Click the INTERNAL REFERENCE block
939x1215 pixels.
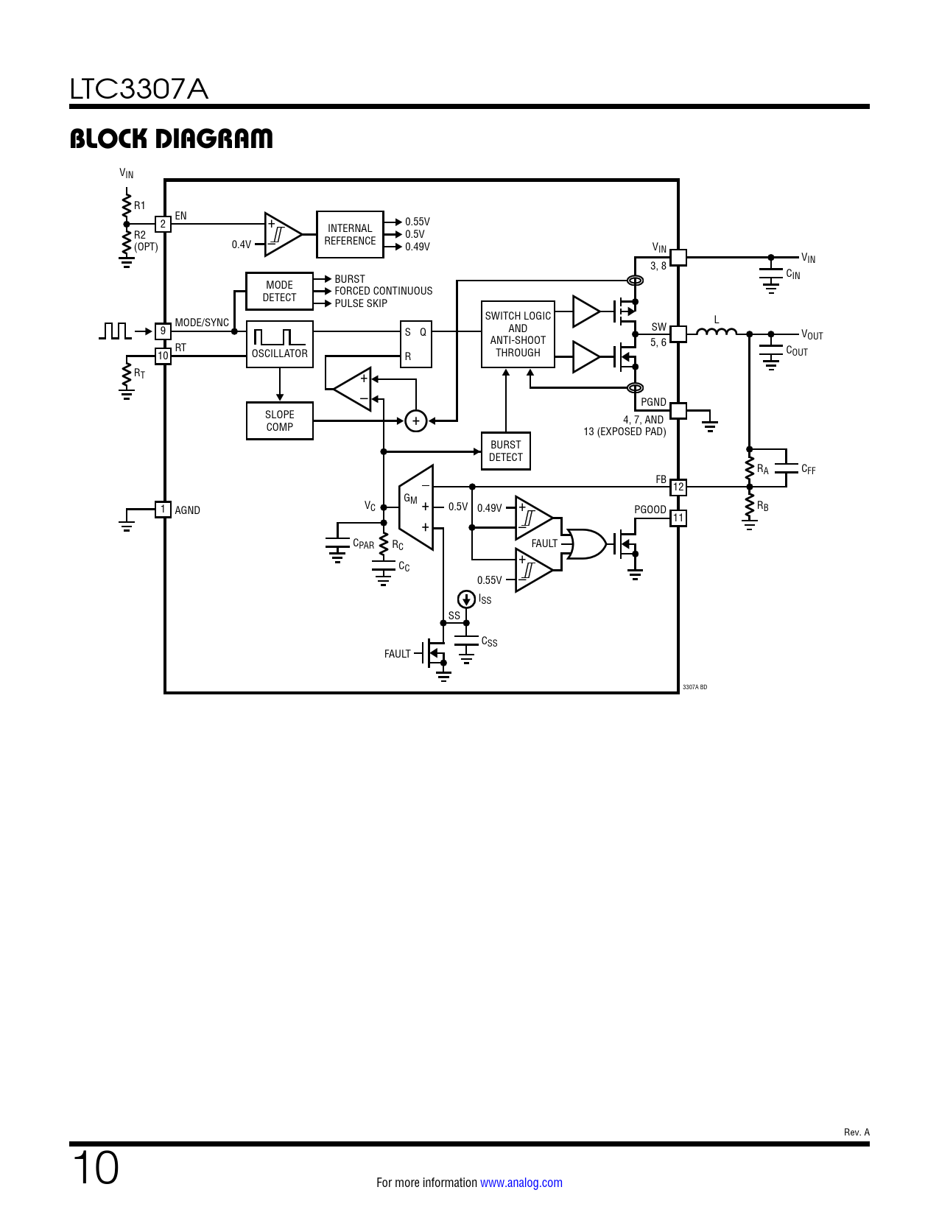[350, 235]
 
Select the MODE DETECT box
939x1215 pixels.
[279, 292]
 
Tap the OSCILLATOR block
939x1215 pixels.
[279, 345]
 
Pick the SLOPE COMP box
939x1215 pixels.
[279, 420]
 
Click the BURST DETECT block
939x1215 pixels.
[505, 451]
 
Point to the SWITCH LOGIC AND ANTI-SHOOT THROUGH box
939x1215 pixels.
[518, 334]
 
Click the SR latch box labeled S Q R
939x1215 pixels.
[415, 344]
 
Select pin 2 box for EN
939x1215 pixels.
[163, 224]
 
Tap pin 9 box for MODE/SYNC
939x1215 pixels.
[163, 331]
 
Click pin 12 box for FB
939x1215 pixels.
[678, 487]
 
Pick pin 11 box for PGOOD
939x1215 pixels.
[678, 518]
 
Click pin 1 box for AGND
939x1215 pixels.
[163, 510]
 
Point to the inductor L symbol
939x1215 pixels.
[716, 332]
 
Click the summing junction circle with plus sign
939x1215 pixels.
[416, 420]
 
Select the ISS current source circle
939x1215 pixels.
[466, 599]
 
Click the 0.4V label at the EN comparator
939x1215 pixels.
[242, 244]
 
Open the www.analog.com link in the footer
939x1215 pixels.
[521, 1183]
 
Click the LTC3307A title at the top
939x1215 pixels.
[139, 89]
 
